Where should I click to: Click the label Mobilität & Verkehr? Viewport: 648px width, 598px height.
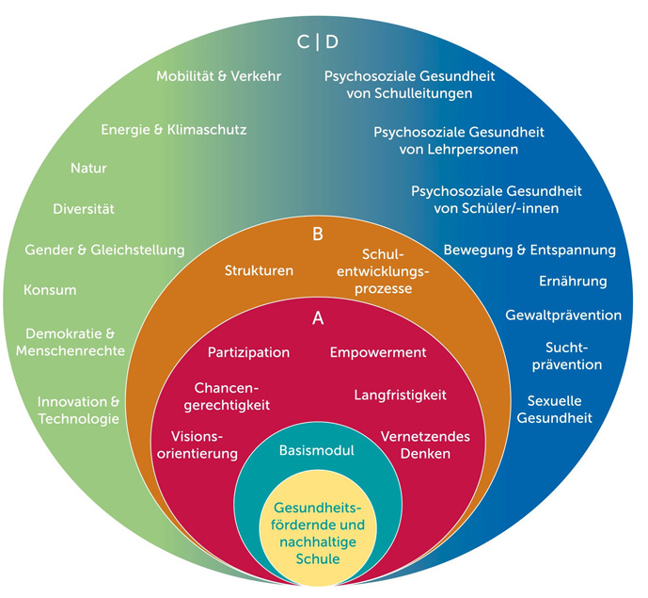(219, 76)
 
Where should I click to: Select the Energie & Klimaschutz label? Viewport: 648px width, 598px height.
(174, 129)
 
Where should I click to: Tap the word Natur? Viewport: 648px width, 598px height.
(88, 169)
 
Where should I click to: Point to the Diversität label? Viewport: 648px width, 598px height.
(84, 208)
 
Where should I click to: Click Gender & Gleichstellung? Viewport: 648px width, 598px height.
(104, 250)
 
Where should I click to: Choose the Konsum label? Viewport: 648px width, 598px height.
(51, 290)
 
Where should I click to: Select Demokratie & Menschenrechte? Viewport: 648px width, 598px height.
(71, 342)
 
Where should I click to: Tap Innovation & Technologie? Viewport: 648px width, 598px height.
(78, 409)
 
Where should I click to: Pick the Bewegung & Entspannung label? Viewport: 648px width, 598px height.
(529, 250)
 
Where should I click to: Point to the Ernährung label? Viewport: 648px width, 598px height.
(572, 281)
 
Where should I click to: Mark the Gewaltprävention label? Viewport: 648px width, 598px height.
(563, 314)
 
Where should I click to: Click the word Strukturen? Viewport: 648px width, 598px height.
(259, 270)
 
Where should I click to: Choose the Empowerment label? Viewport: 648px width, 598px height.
(378, 352)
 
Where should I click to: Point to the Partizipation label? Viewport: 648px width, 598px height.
(248, 352)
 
